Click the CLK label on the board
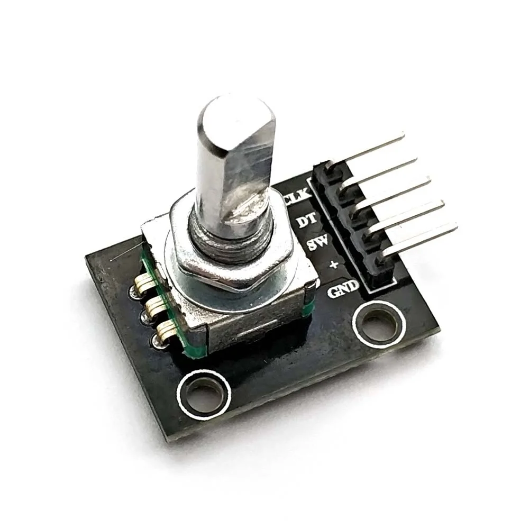[298, 199]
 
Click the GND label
[343, 289]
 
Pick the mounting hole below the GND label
[379, 321]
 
